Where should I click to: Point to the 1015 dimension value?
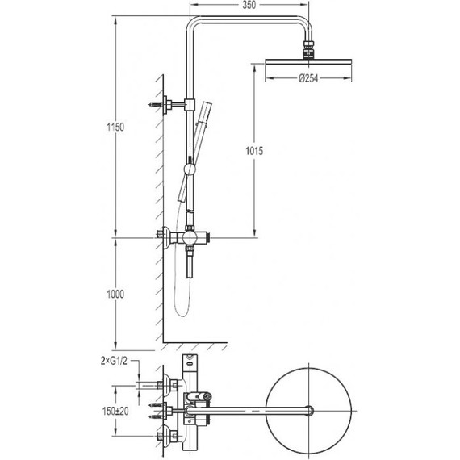253,151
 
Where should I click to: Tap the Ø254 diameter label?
312,78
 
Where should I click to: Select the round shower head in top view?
312,412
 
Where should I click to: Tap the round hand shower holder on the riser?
190,169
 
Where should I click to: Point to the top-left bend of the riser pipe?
194,22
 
